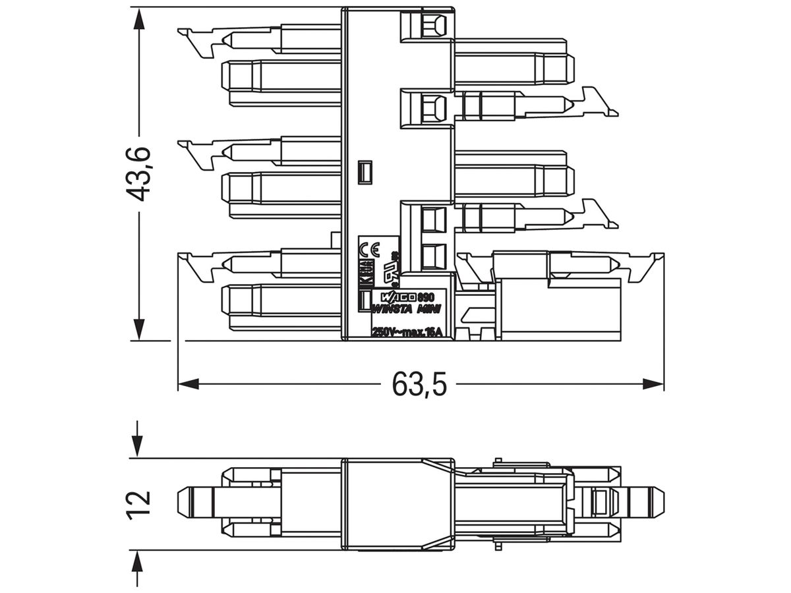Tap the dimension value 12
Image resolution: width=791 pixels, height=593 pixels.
(x=140, y=504)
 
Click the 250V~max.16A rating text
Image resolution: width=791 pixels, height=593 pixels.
(x=407, y=332)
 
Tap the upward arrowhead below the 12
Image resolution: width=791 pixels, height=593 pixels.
(x=138, y=563)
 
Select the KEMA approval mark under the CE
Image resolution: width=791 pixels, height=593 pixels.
(x=367, y=272)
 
